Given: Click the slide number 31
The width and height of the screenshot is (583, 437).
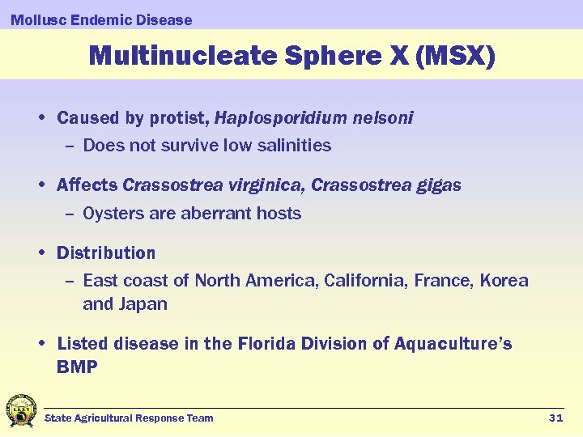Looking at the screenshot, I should pyautogui.click(x=555, y=418).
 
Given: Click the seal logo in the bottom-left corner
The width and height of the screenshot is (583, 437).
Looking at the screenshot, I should pyautogui.click(x=21, y=411).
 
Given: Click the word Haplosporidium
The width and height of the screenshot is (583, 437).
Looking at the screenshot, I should pyautogui.click(x=281, y=118).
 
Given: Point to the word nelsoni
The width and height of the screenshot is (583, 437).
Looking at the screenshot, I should pyautogui.click(x=383, y=118).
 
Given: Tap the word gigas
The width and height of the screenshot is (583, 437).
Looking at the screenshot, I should pyautogui.click(x=438, y=185).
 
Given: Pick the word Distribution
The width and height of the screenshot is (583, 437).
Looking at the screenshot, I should pyautogui.click(x=106, y=253).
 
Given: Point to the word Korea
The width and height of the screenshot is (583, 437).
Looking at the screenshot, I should pyautogui.click(x=504, y=281).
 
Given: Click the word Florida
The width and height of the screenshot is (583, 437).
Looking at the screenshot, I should pyautogui.click(x=269, y=344).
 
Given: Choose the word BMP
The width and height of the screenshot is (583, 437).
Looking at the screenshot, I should pyautogui.click(x=77, y=367).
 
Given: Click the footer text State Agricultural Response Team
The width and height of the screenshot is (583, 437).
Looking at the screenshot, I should pyautogui.click(x=129, y=418).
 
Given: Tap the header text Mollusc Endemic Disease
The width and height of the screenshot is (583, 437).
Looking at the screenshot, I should pyautogui.click(x=101, y=19).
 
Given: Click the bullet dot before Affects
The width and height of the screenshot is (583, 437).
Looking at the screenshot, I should pyautogui.click(x=40, y=185).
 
